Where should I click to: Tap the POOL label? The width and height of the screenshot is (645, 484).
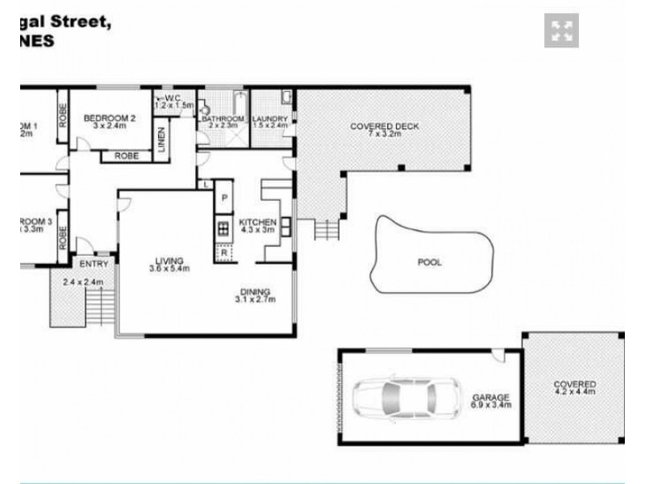[x=429, y=262]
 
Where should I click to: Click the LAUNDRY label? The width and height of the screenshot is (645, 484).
[x=270, y=119]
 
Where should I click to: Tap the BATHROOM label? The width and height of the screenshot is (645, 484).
[x=223, y=119]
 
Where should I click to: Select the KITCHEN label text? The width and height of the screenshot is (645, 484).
[x=258, y=223]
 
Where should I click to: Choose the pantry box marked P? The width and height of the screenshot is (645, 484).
[x=223, y=198]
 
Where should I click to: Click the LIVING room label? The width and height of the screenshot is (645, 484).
[x=170, y=261]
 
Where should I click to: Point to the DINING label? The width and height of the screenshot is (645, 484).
[x=255, y=292]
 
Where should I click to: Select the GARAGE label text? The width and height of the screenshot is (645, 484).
[x=491, y=397]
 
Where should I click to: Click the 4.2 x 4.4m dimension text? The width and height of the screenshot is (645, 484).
[x=574, y=393]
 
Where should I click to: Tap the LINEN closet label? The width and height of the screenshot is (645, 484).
[x=161, y=139]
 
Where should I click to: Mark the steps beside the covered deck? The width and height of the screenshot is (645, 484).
[x=325, y=230]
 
